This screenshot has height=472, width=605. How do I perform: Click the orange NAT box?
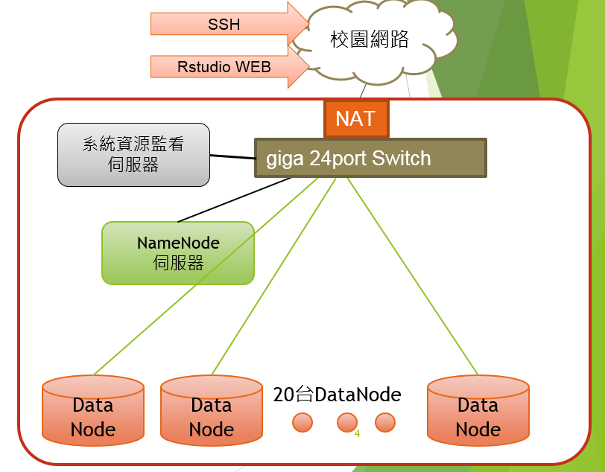(355, 119)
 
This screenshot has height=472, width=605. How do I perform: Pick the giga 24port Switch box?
(370, 158)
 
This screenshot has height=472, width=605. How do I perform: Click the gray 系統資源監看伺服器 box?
(133, 154)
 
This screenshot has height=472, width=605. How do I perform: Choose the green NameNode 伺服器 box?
(178, 253)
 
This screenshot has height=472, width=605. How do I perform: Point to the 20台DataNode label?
(337, 395)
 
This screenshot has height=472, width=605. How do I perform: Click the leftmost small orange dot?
(302, 422)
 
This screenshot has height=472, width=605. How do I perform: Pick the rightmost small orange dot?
(384, 422)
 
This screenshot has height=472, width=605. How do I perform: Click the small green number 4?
(358, 433)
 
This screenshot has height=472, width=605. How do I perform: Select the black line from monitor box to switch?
(232, 157)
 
